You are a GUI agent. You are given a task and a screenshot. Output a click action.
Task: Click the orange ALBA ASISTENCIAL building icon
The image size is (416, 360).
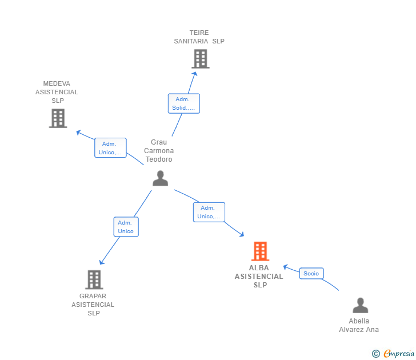coord(260,251)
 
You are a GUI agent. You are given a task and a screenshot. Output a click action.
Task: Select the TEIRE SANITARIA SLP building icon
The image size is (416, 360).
coord(200,59)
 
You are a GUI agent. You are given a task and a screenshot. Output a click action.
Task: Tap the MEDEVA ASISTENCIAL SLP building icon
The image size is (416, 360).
coord(58,118)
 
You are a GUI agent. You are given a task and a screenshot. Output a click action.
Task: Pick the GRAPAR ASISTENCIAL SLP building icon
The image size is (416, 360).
coord(94,279)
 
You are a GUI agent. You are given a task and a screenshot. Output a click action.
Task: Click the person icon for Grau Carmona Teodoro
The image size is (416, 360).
coord(160,179)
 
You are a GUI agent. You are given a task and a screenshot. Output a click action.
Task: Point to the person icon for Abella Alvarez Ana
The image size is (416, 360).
coord(360,306)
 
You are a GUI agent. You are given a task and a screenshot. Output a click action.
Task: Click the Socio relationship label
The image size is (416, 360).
coord(311,274)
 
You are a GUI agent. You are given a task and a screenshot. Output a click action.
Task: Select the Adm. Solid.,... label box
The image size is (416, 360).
coord(184,103)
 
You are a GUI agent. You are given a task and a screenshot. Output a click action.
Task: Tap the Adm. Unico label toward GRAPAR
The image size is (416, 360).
coord(126,227)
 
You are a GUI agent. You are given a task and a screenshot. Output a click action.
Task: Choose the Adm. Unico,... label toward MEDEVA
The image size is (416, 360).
coord(110,148)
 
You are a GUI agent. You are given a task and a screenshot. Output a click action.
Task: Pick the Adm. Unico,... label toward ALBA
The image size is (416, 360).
coord(209,212)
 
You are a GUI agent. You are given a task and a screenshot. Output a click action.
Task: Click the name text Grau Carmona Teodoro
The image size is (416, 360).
coord(159,151)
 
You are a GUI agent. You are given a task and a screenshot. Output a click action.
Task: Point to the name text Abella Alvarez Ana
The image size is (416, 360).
coord(359,325)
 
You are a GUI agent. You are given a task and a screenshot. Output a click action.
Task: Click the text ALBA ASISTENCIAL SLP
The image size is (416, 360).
coord(259,277)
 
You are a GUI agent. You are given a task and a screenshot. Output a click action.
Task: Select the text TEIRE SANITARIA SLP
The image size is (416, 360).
coord(199,37)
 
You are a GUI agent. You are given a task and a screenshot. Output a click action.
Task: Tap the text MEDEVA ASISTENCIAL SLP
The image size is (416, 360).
coord(57,92)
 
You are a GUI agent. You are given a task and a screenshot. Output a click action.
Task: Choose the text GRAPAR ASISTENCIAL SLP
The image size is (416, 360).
coord(93,305)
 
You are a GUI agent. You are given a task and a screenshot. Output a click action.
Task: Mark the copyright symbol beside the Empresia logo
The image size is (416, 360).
coord(376,354)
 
